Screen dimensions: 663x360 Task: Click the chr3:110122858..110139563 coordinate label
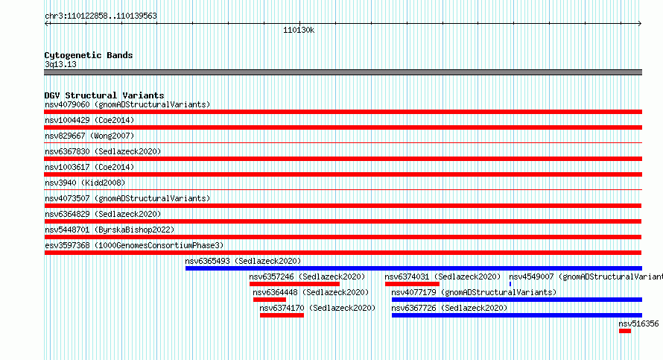pyautogui.click(x=101, y=16)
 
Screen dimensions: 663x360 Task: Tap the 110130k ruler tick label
pyautogui.click(x=299, y=31)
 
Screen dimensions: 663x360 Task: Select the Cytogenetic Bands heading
pyautogui.click(x=89, y=55)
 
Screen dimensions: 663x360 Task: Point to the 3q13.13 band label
pyautogui.click(x=60, y=64)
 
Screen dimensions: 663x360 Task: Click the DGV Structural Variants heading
pyautogui.click(x=104, y=95)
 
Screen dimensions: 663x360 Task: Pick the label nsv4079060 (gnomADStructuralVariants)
pyautogui.click(x=127, y=104)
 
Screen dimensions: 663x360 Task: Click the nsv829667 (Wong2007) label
pyautogui.click(x=89, y=136)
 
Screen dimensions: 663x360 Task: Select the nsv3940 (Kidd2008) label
pyautogui.click(x=85, y=183)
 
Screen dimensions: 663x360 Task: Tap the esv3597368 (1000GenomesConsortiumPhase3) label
pyautogui.click(x=134, y=245)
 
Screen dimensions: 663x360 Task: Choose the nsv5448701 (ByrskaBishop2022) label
pyautogui.click(x=110, y=230)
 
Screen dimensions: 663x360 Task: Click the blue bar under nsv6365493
pyautogui.click(x=413, y=268)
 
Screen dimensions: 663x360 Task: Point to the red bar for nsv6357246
pyautogui.click(x=294, y=284)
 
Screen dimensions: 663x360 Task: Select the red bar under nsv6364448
pyautogui.click(x=270, y=300)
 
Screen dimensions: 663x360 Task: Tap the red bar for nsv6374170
pyautogui.click(x=282, y=315)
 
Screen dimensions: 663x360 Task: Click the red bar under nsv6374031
pyautogui.click(x=412, y=284)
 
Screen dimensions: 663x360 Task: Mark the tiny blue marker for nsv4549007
pyautogui.click(x=510, y=284)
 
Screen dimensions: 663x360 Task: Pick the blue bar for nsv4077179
pyautogui.click(x=517, y=300)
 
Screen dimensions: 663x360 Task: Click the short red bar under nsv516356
pyautogui.click(x=625, y=331)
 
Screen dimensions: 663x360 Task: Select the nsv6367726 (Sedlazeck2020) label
pyautogui.click(x=449, y=308)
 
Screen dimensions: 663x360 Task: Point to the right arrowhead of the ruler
pyautogui.click(x=640, y=24)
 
